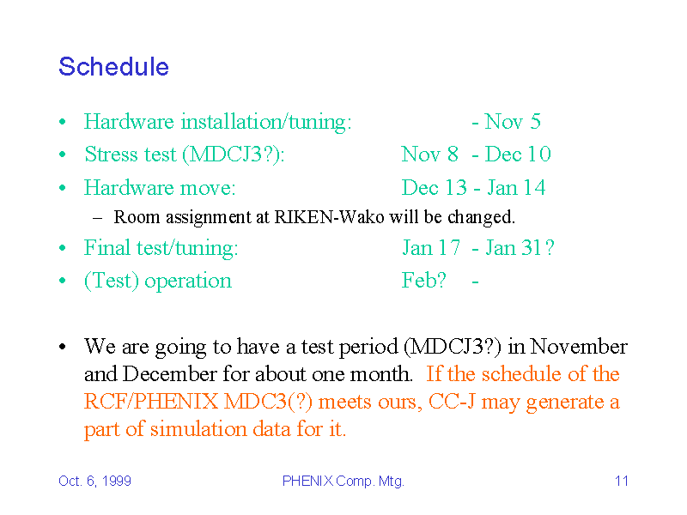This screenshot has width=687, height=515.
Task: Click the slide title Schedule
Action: [x=113, y=67]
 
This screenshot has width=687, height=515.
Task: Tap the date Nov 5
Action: [x=513, y=121]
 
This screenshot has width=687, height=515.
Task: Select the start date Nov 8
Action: [x=430, y=154]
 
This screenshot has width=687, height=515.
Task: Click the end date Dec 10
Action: [x=518, y=154]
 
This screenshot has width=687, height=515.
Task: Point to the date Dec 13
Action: [x=435, y=188]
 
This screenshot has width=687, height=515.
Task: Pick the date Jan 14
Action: [x=516, y=188]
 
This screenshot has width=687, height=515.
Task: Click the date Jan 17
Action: [x=431, y=248]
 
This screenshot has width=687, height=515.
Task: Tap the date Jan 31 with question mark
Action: [x=520, y=248]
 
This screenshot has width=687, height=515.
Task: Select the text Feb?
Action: [x=423, y=281]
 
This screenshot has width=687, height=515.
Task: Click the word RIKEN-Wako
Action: [x=329, y=217]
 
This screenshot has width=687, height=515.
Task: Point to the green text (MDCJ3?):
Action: [x=234, y=154]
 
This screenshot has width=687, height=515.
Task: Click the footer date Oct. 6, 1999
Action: [x=94, y=481]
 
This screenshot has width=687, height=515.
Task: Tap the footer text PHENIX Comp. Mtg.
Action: [x=343, y=482]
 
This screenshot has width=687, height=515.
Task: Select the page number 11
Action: [x=622, y=481]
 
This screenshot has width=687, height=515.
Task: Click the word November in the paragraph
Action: [x=579, y=347]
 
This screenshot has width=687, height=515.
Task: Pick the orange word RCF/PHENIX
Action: [x=151, y=402]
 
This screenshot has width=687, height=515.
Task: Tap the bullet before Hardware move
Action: [x=63, y=188]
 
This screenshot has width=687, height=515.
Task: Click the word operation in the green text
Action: [x=188, y=282]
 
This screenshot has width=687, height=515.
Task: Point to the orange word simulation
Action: [x=198, y=428]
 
